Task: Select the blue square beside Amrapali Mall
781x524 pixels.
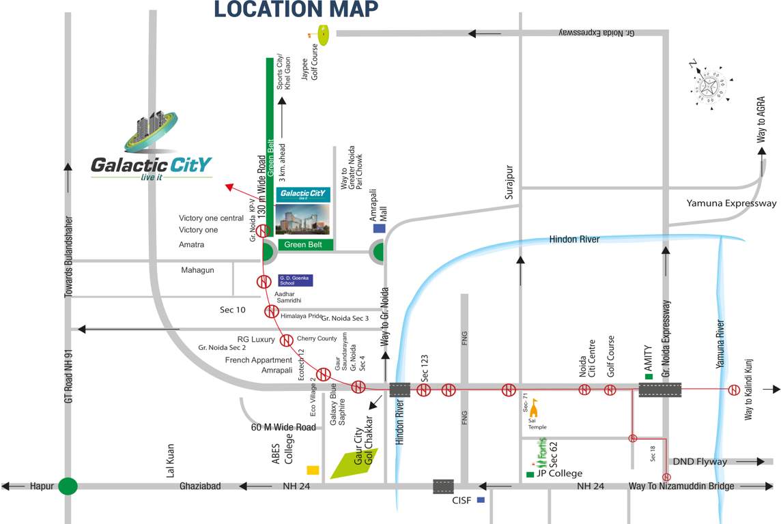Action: (379, 228)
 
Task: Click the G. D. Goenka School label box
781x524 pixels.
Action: (295, 280)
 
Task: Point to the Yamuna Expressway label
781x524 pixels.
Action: (731, 203)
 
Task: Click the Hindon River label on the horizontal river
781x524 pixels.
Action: (574, 239)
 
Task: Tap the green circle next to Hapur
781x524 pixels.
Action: (67, 486)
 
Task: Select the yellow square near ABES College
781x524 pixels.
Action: (313, 469)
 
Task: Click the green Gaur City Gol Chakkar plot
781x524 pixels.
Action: (354, 463)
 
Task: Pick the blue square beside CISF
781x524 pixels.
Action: (481, 500)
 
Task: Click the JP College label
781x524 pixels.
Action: (560, 474)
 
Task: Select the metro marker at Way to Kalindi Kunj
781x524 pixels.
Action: (734, 390)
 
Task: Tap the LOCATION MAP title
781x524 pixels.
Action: (296, 10)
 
